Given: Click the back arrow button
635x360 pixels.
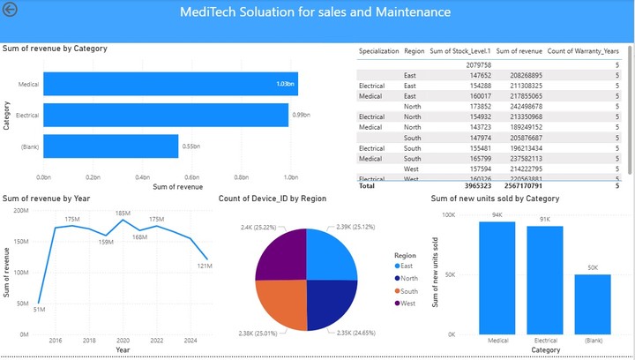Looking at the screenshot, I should click(x=11, y=11).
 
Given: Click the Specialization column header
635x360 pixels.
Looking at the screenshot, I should click(x=379, y=51).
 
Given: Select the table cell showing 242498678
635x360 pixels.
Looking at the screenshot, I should click(x=518, y=107).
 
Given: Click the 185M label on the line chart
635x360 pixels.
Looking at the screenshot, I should click(x=123, y=214).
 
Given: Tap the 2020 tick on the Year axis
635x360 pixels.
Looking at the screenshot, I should click(x=123, y=340).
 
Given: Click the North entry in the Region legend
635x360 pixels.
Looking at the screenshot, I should click(x=407, y=278).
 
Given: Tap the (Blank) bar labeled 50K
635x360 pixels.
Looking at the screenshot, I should click(x=592, y=304).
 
